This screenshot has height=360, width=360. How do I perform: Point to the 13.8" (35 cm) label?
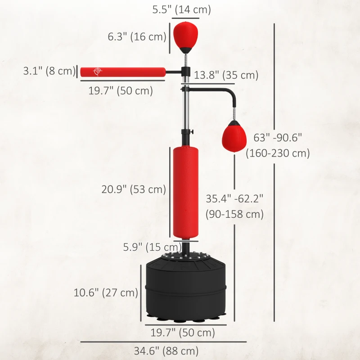click(x=226, y=75)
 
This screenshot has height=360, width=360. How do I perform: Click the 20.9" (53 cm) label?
click(x=134, y=189)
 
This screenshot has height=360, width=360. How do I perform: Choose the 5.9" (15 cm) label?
click(x=152, y=247)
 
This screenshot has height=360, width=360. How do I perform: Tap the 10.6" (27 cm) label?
click(x=106, y=292)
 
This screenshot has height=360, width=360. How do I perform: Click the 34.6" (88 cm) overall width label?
click(x=166, y=351)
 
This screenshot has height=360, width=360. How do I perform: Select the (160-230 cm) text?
click(x=278, y=153)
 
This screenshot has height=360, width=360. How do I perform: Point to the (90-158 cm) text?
click(x=234, y=214)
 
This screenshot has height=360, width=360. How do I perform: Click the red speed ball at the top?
click(x=185, y=34)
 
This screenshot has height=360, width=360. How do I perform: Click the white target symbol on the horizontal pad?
click(x=97, y=72)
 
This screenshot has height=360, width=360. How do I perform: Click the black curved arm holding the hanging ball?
click(x=225, y=94)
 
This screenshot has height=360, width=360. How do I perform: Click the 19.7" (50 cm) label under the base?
click(x=182, y=333)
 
